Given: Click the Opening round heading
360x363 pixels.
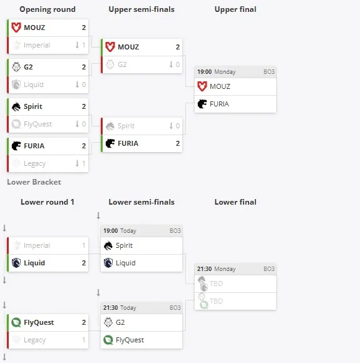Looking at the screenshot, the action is click(x=48, y=9).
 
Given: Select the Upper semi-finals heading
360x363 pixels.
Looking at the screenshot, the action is click(x=141, y=9).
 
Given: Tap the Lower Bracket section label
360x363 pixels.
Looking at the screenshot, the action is click(x=34, y=182).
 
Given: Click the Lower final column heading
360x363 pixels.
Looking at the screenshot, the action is click(x=235, y=202).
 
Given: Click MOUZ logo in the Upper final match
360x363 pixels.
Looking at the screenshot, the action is click(x=202, y=86).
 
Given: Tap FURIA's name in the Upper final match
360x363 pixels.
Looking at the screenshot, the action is click(x=219, y=104).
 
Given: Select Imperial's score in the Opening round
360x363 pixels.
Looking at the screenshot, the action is click(x=84, y=45).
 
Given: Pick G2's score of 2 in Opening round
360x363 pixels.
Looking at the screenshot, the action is click(x=84, y=67).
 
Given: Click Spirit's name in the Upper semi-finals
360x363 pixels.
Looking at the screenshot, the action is click(x=126, y=126).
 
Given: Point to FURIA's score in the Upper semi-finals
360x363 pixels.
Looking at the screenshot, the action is click(x=178, y=143).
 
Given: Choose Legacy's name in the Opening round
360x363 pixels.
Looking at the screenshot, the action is click(x=35, y=164).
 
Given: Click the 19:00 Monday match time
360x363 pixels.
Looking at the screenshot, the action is click(x=217, y=72).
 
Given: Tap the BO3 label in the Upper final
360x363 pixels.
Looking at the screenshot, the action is click(x=269, y=72).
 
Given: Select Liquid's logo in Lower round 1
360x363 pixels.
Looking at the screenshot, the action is click(x=16, y=263).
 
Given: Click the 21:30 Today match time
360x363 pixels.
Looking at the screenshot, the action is click(x=120, y=308).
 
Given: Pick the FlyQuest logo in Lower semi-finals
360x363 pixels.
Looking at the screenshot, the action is click(x=108, y=340).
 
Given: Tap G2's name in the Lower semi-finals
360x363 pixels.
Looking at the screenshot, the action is click(x=120, y=322).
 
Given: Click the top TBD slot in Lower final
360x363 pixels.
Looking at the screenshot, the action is click(x=235, y=284).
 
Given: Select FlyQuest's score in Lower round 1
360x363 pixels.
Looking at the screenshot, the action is click(x=84, y=322).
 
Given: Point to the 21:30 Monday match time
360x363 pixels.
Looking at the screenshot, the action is click(x=217, y=269).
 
